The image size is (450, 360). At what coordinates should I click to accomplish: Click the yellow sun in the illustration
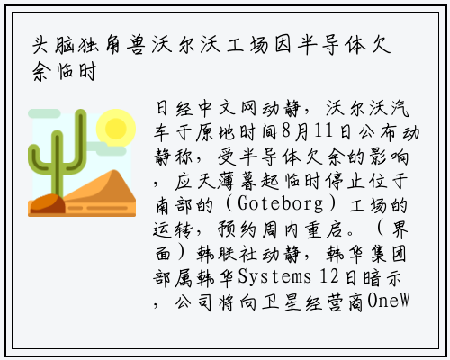tap(116, 128)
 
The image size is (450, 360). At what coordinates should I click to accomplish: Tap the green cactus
tap(58, 153)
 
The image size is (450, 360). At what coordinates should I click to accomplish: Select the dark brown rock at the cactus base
tap(48, 203)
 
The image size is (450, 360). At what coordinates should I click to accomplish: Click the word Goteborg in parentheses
tap(281, 204)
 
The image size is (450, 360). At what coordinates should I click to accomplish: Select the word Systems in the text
tap(274, 276)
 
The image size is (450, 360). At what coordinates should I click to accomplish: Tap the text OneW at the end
tap(389, 300)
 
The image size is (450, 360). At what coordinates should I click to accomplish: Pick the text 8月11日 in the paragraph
tap(317, 132)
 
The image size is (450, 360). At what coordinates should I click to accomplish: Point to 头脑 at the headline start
tap(53, 46)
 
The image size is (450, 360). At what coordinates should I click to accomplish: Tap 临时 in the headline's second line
tap(76, 71)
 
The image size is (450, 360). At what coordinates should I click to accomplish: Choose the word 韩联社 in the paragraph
tap(227, 254)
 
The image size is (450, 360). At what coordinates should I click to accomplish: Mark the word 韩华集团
tap(366, 254)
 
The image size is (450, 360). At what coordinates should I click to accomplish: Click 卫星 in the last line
tap(282, 301)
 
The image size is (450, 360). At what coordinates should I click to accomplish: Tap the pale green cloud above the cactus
tap(44, 113)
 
